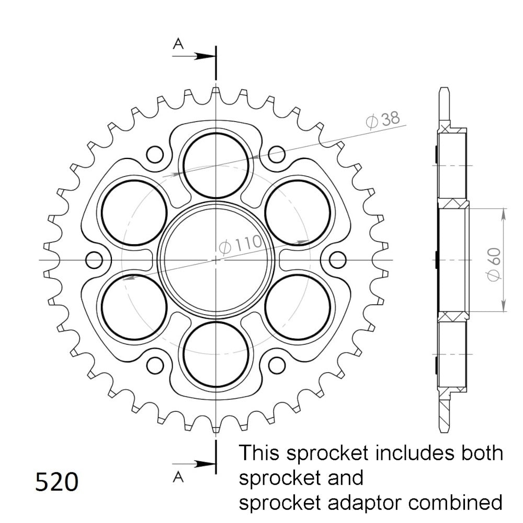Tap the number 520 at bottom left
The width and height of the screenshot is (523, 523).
tap(56, 482)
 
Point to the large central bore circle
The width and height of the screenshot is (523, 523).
tap(216, 260)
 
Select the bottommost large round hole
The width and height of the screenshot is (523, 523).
tap(216, 355)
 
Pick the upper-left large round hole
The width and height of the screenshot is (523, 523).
tap(134, 212)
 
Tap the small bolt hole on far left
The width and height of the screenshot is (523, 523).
tap(94, 260)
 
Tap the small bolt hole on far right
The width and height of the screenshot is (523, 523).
tap(338, 260)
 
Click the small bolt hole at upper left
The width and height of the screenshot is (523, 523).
tap(155, 154)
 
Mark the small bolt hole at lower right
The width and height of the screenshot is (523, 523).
tap(277, 365)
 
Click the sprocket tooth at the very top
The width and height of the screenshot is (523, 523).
tap(216, 93)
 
